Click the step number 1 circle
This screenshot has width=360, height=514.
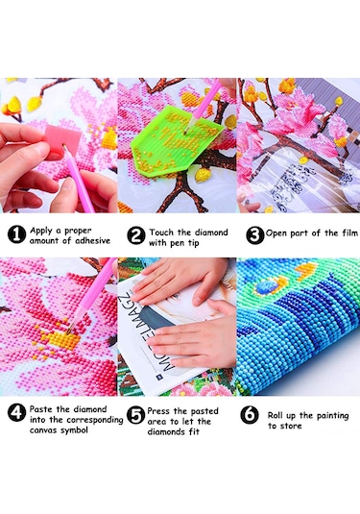[16, 234]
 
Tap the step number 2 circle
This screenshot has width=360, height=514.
[136, 235]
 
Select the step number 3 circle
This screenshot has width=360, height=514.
[254, 235]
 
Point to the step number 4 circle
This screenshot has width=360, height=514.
[16, 412]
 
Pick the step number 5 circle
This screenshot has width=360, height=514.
[135, 415]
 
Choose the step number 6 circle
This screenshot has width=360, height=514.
[250, 415]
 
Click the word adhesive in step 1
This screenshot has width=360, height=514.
[93, 241]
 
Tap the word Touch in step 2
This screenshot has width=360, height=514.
[162, 233]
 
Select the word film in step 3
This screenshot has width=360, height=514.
[349, 233]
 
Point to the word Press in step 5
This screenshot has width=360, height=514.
[158, 411]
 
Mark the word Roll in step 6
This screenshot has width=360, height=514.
[276, 415]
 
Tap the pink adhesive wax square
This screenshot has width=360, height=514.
[63, 139]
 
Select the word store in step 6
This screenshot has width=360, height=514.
[290, 426]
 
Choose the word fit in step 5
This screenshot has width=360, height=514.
[194, 431]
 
